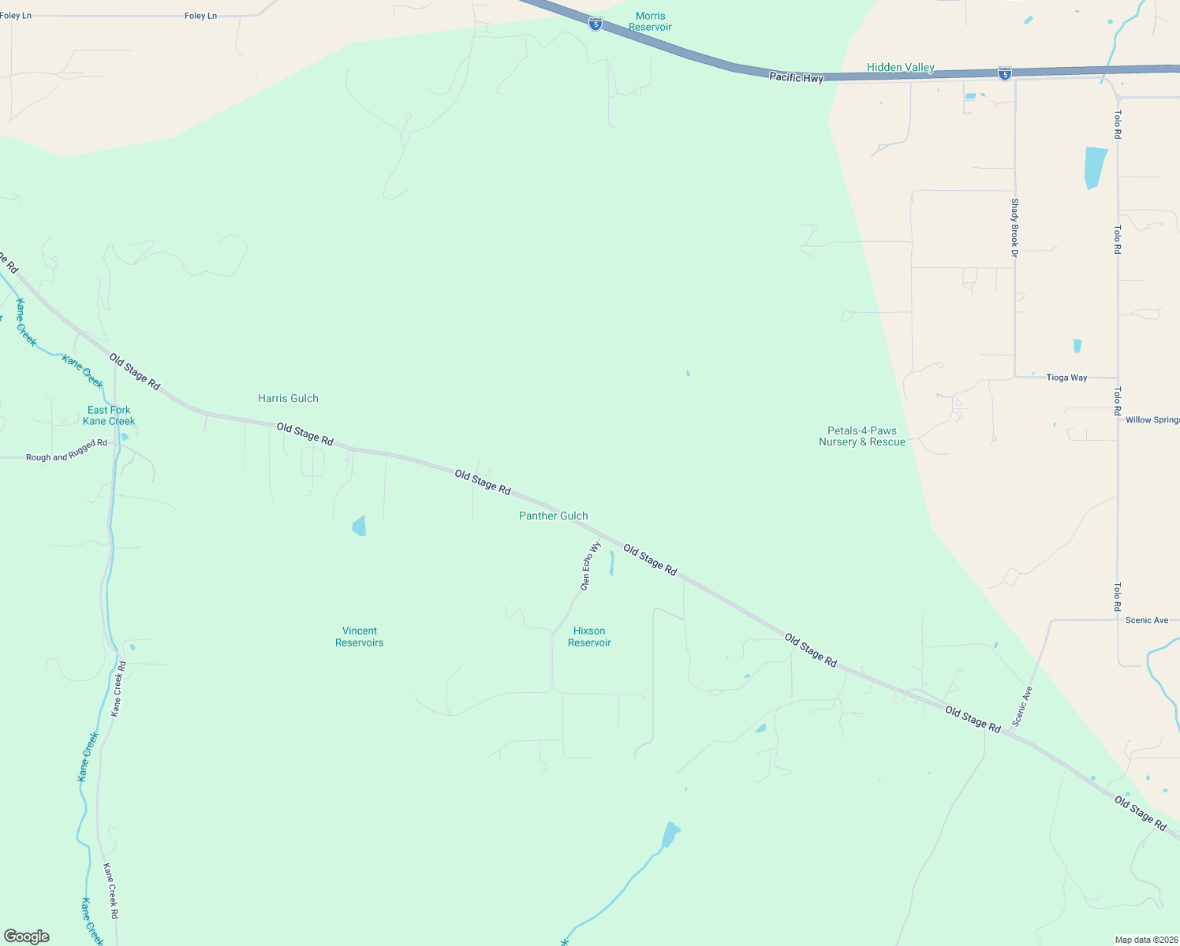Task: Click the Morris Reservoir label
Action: point(650,21)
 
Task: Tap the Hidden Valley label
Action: point(900,68)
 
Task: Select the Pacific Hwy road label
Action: point(796,77)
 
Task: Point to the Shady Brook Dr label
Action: point(1015,227)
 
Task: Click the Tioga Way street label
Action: point(1066,378)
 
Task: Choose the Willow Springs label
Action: point(1152,420)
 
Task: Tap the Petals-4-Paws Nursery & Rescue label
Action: point(861,437)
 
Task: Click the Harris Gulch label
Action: point(288,399)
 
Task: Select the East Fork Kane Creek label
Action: point(109,415)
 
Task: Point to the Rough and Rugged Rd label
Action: point(66,452)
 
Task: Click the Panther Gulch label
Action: point(553,516)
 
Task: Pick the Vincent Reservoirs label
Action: point(359,637)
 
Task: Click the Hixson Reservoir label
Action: point(589,637)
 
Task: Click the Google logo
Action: point(27,937)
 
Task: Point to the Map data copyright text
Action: point(1146,940)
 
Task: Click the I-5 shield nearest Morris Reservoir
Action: point(596,24)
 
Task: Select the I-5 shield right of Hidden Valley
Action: point(1004,73)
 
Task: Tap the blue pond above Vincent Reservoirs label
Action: point(360,526)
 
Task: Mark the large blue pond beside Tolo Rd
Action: point(1095,168)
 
